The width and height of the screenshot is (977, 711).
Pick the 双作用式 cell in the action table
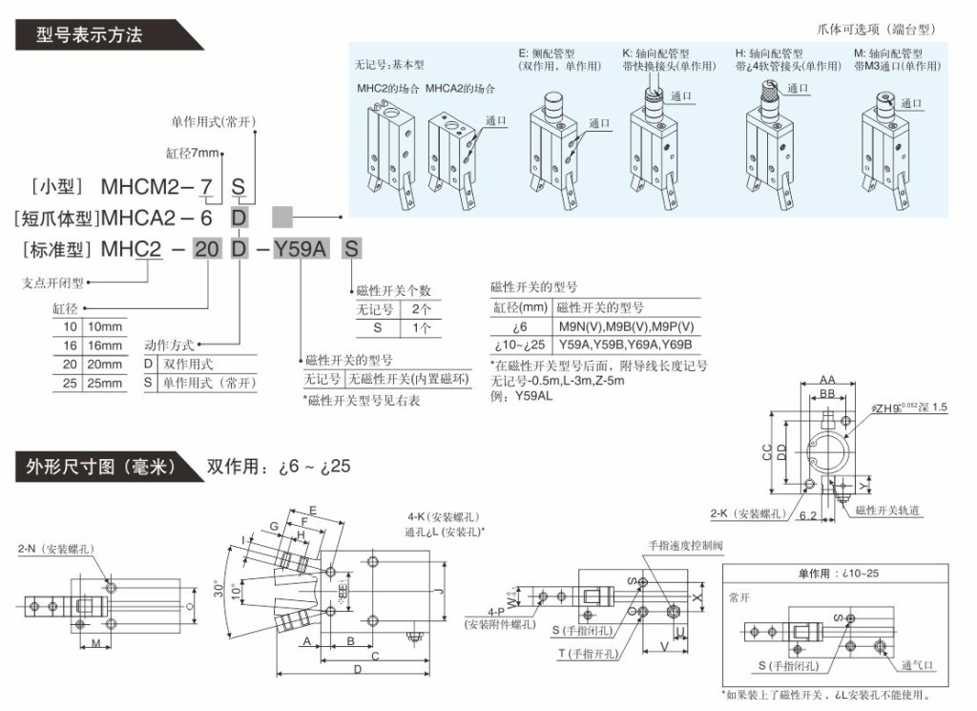tap(190, 364)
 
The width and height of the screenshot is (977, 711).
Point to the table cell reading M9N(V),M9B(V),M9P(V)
tap(625, 325)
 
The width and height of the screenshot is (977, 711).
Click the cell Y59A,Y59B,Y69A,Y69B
tap(625, 344)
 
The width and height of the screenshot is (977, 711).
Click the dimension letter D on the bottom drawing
tap(357, 670)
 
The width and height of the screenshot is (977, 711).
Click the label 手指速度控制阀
tap(686, 545)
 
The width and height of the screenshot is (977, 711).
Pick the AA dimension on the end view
tap(827, 380)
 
